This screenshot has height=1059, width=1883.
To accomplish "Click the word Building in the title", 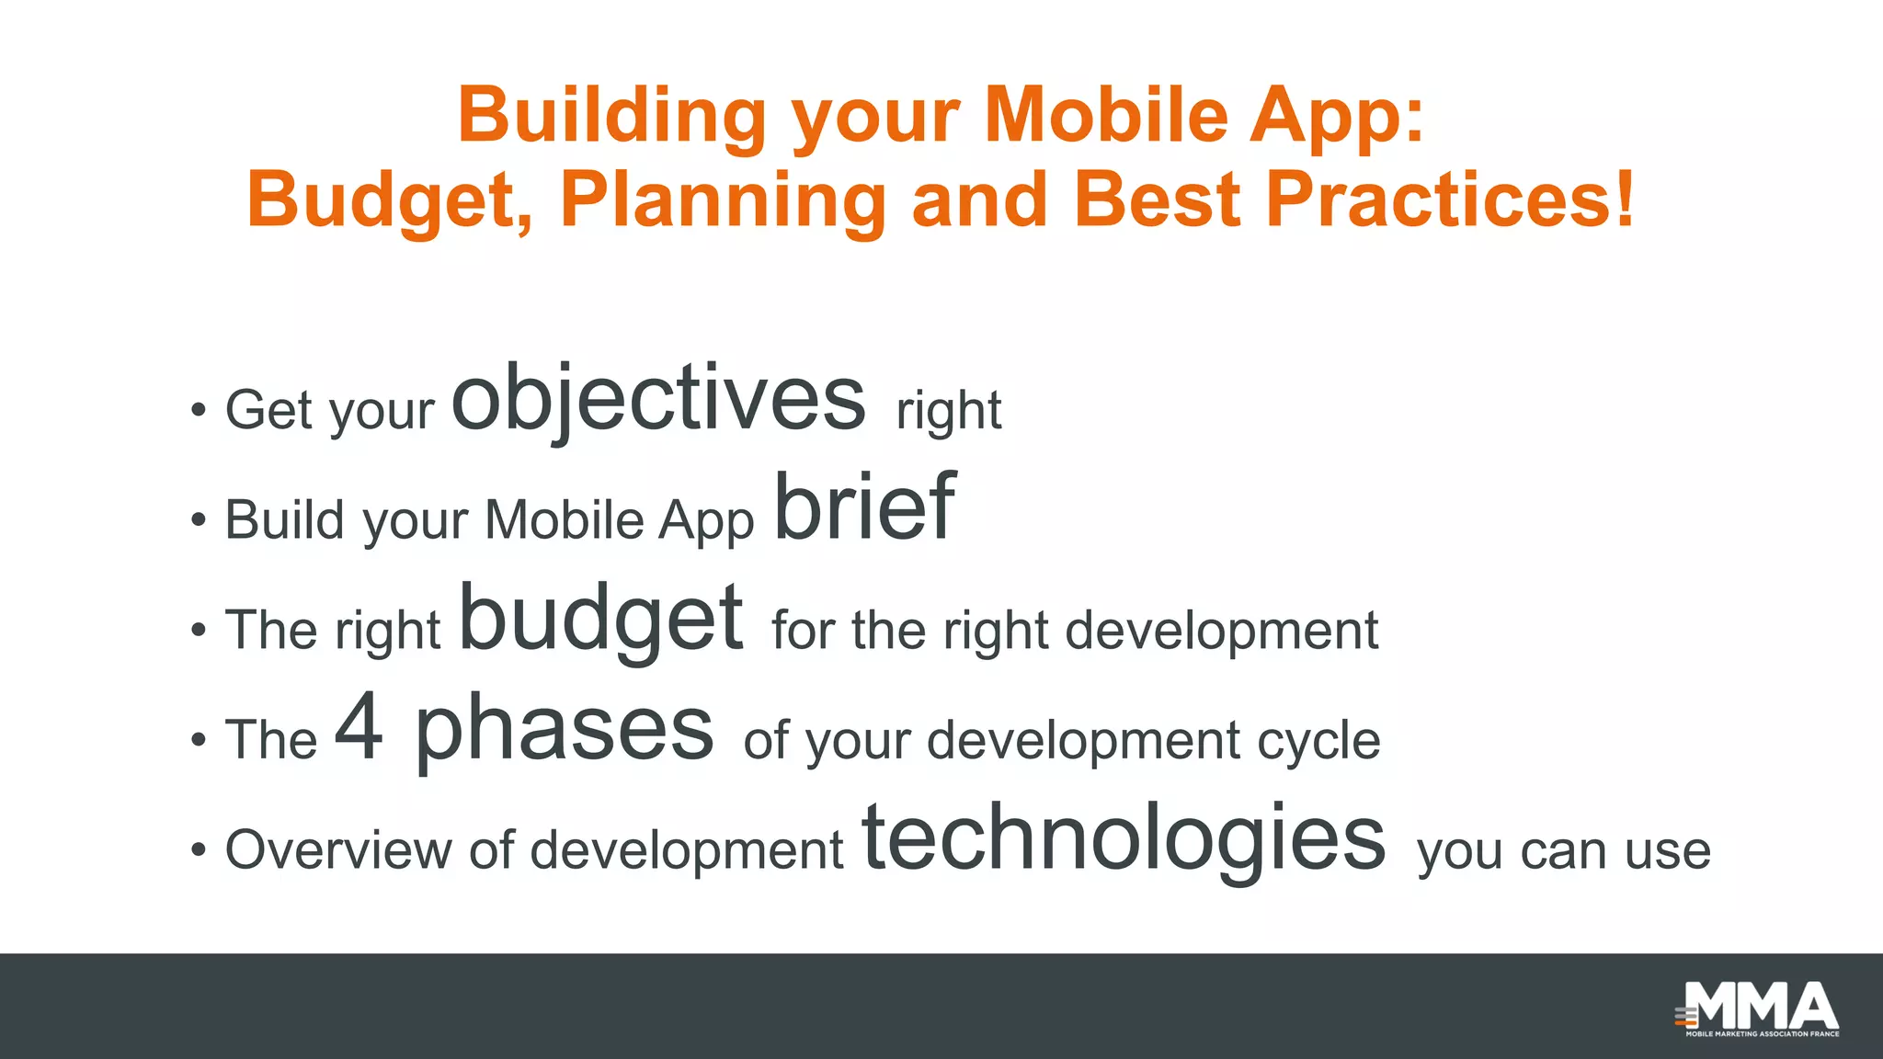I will click(x=611, y=117).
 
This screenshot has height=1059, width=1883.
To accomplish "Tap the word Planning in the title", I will click(x=723, y=200).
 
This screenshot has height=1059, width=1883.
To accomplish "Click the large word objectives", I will click(x=658, y=400).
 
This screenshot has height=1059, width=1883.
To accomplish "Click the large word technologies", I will click(x=1124, y=838).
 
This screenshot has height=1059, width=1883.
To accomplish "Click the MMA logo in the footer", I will click(x=1758, y=1008).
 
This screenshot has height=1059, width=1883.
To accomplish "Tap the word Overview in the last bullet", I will click(x=337, y=849).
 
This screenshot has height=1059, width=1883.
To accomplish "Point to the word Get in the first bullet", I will click(x=268, y=410).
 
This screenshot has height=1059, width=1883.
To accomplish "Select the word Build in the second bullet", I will click(x=284, y=520).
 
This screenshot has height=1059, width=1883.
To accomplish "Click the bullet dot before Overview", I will click(x=198, y=850).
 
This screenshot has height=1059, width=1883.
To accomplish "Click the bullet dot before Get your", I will click(x=198, y=411).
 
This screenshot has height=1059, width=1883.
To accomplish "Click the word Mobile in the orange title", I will click(x=1105, y=117).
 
